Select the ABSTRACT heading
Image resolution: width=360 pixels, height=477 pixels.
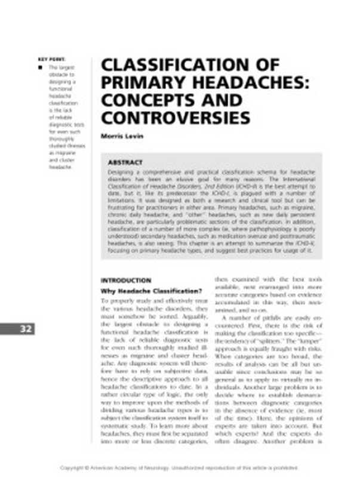click(125, 162)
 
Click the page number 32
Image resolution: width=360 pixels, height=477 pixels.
click(26, 328)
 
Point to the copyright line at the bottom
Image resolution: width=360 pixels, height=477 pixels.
click(180, 467)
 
